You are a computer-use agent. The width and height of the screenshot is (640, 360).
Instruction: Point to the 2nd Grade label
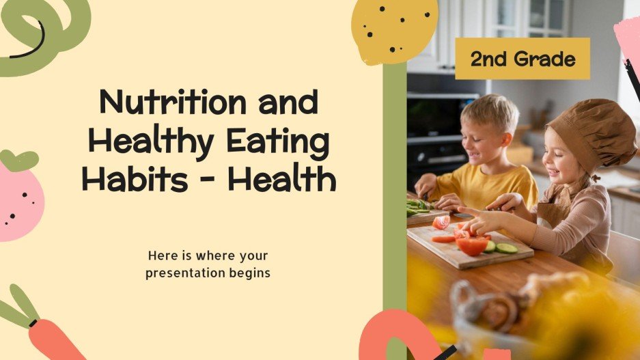(x=523, y=59)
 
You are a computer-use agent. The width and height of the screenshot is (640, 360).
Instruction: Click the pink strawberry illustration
(x=19, y=198)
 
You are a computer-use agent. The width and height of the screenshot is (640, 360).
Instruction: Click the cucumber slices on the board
(x=505, y=248)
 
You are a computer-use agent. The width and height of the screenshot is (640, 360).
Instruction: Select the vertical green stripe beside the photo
(x=394, y=205)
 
